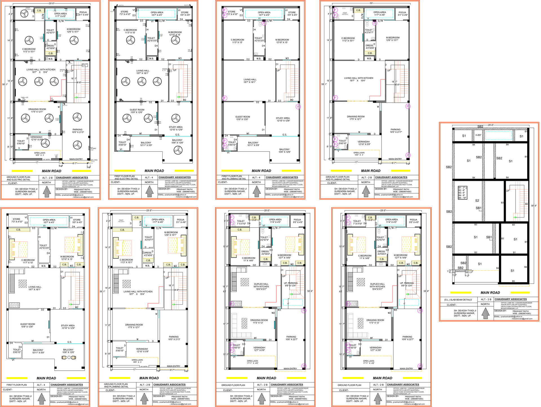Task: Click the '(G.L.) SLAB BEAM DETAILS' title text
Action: (x=458, y=300)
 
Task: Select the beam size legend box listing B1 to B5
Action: (x=462, y=193)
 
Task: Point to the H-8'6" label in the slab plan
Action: (x=478, y=135)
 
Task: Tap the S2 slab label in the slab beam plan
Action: (x=477, y=201)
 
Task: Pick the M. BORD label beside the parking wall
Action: (x=93, y=149)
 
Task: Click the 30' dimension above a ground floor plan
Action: (x=371, y=3)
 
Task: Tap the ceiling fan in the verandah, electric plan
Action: (x=45, y=143)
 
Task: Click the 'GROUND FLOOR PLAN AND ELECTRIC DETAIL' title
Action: (x=18, y=178)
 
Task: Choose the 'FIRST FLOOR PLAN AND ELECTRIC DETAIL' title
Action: (x=126, y=177)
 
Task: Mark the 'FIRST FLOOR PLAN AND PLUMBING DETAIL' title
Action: (x=234, y=177)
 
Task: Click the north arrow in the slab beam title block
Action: (x=485, y=313)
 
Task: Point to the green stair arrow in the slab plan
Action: (x=515, y=217)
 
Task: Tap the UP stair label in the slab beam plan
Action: (x=508, y=191)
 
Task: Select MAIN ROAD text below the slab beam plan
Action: (x=490, y=293)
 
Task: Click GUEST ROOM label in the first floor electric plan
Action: (x=137, y=111)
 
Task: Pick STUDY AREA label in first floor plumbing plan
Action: (x=283, y=119)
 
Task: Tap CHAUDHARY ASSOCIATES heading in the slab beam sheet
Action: (x=510, y=299)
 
